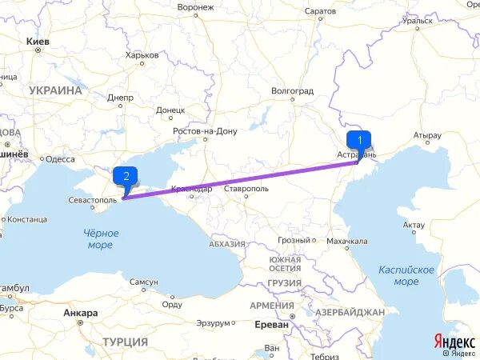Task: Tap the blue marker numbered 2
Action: pos(126,176)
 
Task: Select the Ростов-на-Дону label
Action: pos(206,130)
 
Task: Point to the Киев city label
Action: pos(38,40)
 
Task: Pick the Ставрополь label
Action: pos(246,189)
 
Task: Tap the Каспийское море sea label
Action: pos(406,276)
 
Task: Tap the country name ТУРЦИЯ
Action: pos(126,342)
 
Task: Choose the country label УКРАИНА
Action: pos(55,91)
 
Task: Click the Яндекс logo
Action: pos(454,340)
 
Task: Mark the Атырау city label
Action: pos(428,135)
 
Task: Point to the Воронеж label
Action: pos(195,7)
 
